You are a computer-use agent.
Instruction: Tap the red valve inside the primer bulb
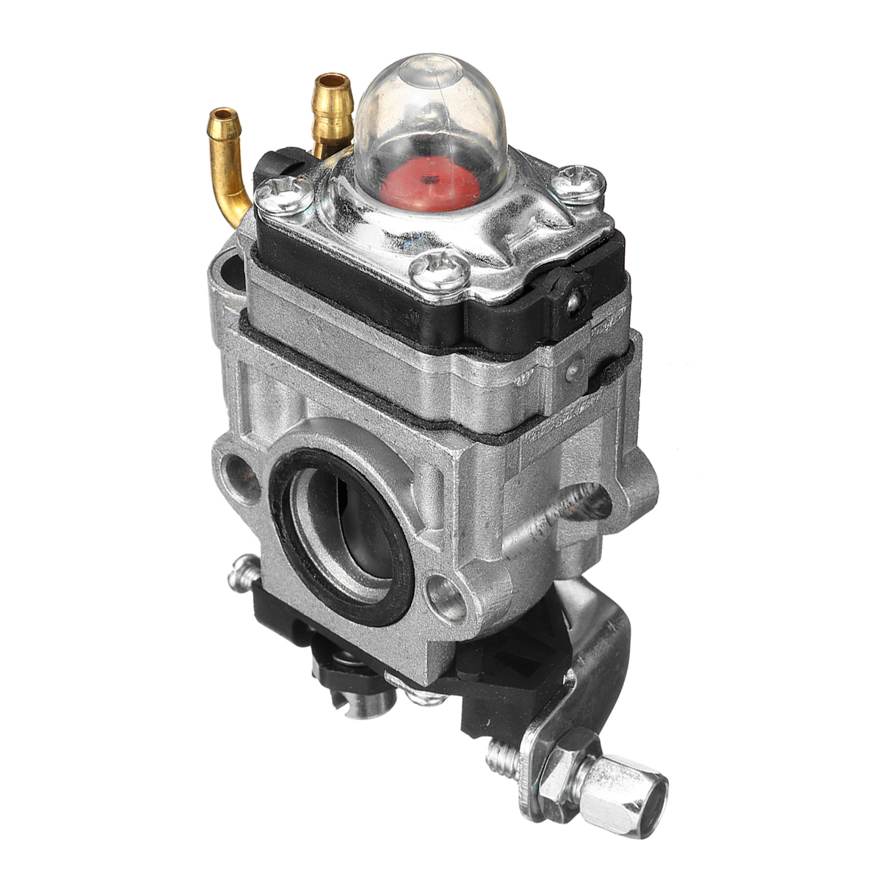pos(445,181)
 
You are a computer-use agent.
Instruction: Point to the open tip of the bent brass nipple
pos(222,116)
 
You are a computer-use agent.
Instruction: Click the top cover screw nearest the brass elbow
pos(284,194)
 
